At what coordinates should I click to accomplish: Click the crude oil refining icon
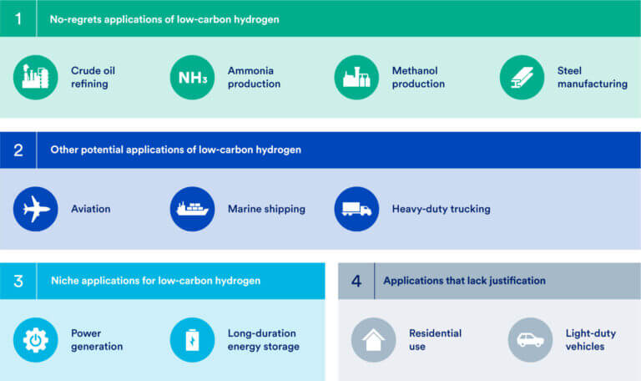[x=36, y=78]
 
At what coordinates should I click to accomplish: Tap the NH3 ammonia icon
[x=193, y=78]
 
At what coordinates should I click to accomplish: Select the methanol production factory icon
[x=356, y=78]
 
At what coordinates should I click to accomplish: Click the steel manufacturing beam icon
[x=522, y=78]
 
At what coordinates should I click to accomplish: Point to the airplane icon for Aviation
[x=36, y=209]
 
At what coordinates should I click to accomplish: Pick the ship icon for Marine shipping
[x=193, y=209]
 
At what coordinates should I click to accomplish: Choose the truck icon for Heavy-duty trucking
[x=356, y=209]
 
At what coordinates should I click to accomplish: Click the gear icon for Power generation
[x=36, y=340]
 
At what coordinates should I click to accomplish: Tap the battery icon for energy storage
[x=193, y=340]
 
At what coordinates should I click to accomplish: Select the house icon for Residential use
[x=373, y=340]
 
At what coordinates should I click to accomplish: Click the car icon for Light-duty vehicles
[x=530, y=340]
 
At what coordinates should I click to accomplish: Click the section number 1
[x=18, y=18]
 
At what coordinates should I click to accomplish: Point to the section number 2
[x=18, y=150]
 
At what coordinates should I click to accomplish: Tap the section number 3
[x=18, y=281]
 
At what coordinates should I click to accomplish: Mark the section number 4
[x=356, y=281]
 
